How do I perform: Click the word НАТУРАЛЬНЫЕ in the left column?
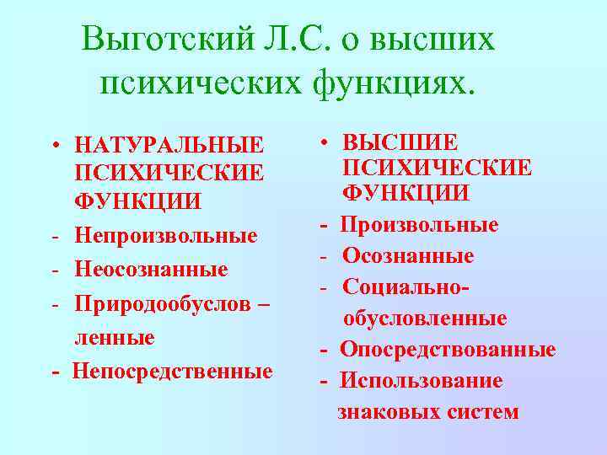(169, 144)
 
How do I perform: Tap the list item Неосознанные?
(151, 270)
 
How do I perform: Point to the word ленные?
(115, 338)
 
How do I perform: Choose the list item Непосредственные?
(172, 372)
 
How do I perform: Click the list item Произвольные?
(420, 225)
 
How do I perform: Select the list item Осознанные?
(407, 256)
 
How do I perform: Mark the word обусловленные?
(424, 318)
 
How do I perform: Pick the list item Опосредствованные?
(448, 350)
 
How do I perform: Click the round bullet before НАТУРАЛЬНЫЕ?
(53, 144)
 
